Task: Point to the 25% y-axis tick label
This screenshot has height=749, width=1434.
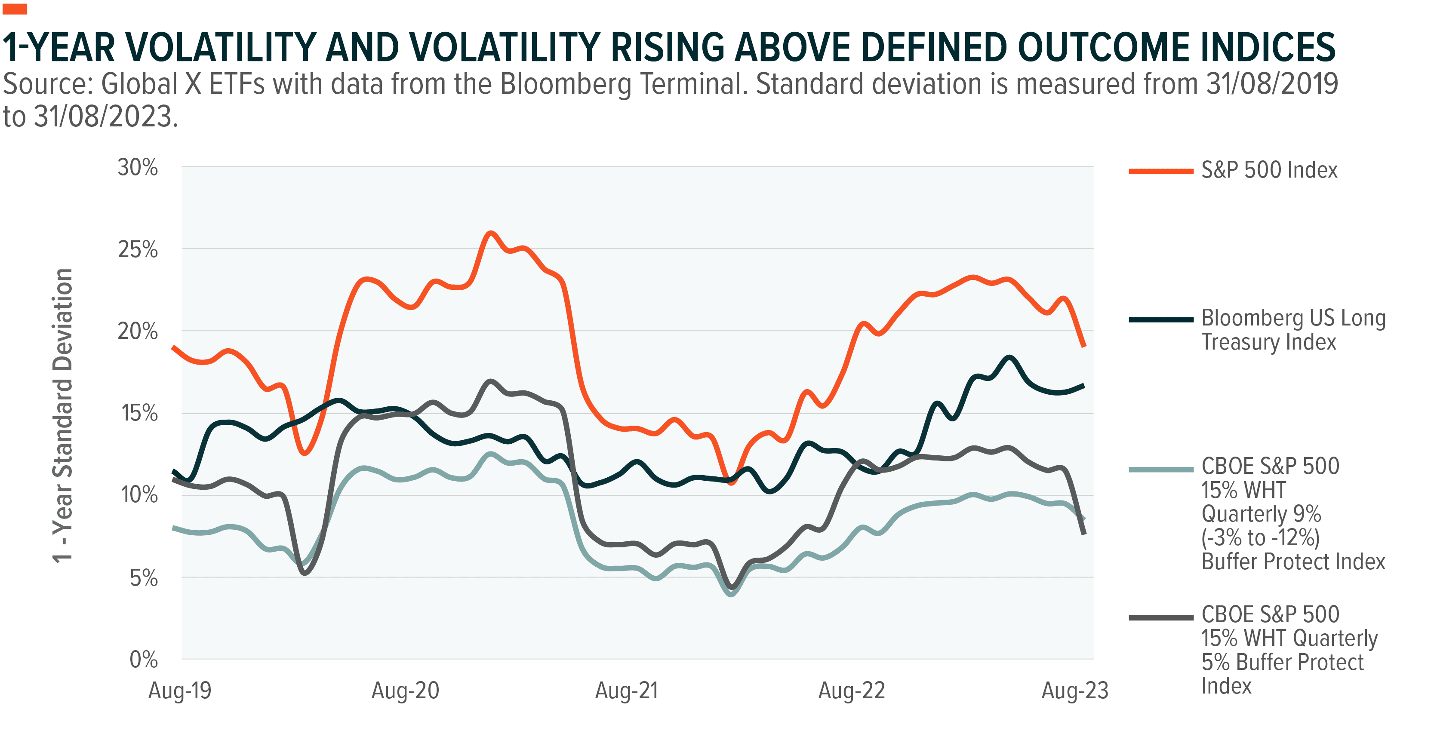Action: [x=138, y=250]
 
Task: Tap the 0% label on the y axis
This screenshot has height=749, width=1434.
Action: [x=144, y=660]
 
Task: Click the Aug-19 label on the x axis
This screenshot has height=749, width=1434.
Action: [x=180, y=691]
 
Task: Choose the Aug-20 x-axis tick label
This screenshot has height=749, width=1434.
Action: [x=405, y=691]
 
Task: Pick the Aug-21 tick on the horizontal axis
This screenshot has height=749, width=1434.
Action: [x=627, y=691]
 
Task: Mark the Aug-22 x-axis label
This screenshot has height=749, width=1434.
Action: [x=851, y=691]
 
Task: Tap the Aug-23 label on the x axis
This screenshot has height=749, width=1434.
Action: [x=1075, y=691]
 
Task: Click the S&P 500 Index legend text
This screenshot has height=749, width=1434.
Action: [x=1269, y=170]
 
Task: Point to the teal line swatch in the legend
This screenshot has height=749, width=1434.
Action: [x=1161, y=470]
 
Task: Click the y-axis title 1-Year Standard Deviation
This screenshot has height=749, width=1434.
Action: [x=63, y=415]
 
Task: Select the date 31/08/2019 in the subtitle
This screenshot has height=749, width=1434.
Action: [x=1272, y=84]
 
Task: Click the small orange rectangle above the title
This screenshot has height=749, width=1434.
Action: [x=15, y=9]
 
